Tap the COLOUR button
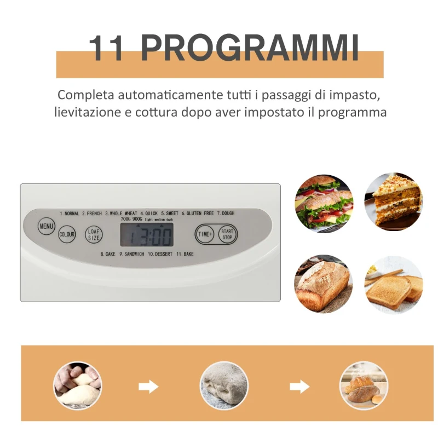(x=67, y=234)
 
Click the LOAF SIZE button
(x=94, y=234)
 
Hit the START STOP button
(x=227, y=234)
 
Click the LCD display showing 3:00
(x=147, y=235)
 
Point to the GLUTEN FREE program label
(x=198, y=213)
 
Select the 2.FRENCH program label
(x=92, y=213)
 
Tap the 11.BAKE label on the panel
(x=185, y=254)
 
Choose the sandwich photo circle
(x=324, y=201)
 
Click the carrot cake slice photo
(x=394, y=201)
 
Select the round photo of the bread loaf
(x=324, y=283)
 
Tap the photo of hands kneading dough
(x=77, y=385)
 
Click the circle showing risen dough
(x=223, y=385)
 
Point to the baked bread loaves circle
(x=364, y=385)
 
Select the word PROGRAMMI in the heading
(x=250, y=48)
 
